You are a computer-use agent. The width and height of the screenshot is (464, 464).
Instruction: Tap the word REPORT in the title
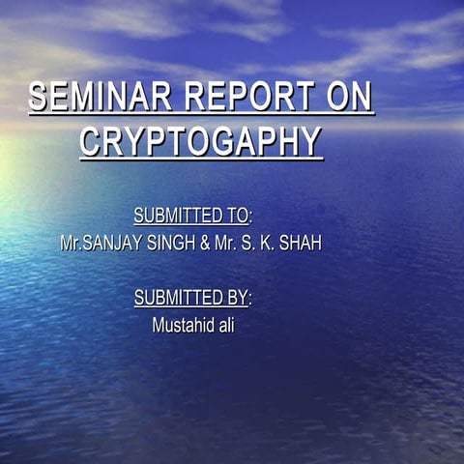pyautogui.click(x=248, y=98)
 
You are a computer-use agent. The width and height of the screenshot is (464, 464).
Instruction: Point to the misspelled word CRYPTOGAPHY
pyautogui.click(x=200, y=142)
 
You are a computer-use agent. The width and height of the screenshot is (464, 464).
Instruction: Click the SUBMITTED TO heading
pyautogui.click(x=191, y=215)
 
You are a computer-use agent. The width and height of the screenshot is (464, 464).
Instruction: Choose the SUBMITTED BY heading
pyautogui.click(x=191, y=298)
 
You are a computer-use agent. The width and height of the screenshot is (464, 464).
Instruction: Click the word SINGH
pyautogui.click(x=171, y=243)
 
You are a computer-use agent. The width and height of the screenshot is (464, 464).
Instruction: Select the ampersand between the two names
pyautogui.click(x=205, y=243)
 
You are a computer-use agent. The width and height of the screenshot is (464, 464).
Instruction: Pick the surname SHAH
pyautogui.click(x=300, y=243)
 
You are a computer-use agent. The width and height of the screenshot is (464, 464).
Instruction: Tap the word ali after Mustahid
pyautogui.click(x=224, y=326)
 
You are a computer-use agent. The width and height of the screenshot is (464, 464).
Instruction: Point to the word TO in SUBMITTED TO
pyautogui.click(x=237, y=215)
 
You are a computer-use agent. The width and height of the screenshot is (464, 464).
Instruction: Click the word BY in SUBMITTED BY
pyautogui.click(x=237, y=298)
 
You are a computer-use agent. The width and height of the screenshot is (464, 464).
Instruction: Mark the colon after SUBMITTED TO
pyautogui.click(x=251, y=216)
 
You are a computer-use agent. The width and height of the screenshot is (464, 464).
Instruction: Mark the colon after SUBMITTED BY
pyautogui.click(x=251, y=299)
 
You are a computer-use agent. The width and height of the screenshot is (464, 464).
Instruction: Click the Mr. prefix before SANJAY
pyautogui.click(x=71, y=243)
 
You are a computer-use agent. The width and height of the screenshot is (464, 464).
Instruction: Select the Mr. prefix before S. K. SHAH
pyautogui.click(x=225, y=243)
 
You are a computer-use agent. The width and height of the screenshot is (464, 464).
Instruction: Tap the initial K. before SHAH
pyautogui.click(x=265, y=243)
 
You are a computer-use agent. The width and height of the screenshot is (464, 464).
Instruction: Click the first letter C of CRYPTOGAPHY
pyautogui.click(x=91, y=142)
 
